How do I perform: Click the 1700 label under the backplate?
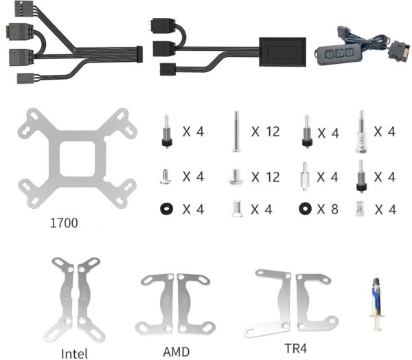coord(64,223)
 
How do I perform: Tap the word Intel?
coord(74,354)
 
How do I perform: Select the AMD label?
coord(176,352)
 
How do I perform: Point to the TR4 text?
coord(295,348)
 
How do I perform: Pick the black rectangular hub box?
coord(282,52)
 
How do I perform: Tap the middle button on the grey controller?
coord(339,54)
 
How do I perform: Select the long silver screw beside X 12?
coord(236,131)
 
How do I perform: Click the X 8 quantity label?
coord(328,209)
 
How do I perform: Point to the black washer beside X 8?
coord(306,209)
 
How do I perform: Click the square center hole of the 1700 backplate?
coord(78,159)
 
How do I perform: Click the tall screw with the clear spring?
coord(361,132)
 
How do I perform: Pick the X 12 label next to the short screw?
coord(266,177)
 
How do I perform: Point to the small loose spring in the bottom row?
coord(360,209)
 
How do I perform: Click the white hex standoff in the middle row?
coord(305,177)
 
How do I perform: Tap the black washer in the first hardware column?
coord(166,209)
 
